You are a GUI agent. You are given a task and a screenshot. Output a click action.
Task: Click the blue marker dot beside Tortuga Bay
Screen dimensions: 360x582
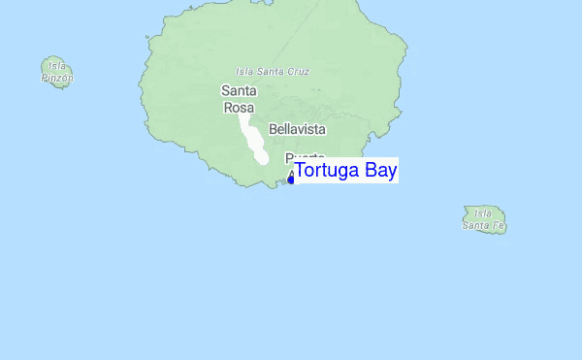pyautogui.click(x=291, y=179)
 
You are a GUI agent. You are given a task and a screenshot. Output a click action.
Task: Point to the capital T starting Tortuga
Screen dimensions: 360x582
pyautogui.click(x=301, y=171)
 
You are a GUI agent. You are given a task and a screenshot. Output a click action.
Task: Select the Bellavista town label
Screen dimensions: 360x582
pyautogui.click(x=297, y=129)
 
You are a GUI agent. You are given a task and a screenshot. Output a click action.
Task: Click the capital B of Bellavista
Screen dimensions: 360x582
pyautogui.click(x=273, y=129)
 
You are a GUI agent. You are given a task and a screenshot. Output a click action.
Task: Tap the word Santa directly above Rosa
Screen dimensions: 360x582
pyautogui.click(x=239, y=91)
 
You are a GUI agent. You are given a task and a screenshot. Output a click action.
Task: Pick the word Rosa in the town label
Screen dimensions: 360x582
pyautogui.click(x=239, y=108)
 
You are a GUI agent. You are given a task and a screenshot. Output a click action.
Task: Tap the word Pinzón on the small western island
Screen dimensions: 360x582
pyautogui.click(x=57, y=78)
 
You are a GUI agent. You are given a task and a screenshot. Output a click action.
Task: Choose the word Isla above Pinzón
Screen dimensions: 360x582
pyautogui.click(x=52, y=66)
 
